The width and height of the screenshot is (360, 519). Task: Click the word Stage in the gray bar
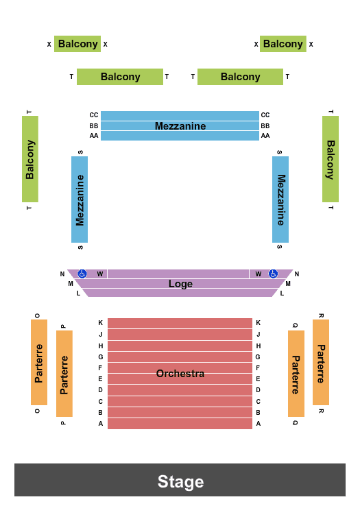[180, 481]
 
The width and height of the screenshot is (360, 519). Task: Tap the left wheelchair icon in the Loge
[82, 274]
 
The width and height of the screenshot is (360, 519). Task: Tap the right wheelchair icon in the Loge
[273, 274]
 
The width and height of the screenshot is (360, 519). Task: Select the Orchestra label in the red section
[180, 374]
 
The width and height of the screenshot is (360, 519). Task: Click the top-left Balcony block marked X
[77, 44]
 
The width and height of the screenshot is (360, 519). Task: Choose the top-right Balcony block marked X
[283, 44]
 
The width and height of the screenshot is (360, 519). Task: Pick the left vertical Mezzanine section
[80, 200]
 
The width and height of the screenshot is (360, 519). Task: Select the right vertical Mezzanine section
[280, 200]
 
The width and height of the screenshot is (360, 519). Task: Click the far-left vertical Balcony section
[30, 159]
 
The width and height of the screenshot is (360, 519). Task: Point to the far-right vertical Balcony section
[331, 159]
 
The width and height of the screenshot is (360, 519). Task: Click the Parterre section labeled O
[39, 363]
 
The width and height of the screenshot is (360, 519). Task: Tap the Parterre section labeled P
[64, 374]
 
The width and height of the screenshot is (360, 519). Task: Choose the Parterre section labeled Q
[296, 374]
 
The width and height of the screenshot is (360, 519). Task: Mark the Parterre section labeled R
[321, 363]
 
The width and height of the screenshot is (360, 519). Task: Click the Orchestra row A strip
[180, 424]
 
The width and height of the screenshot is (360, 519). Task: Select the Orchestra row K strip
[180, 323]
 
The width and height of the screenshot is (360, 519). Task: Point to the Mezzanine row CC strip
[180, 115]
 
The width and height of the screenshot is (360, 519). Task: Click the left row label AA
[94, 136]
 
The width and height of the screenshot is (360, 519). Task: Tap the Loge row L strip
[180, 293]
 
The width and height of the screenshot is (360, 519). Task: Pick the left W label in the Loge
[99, 274]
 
